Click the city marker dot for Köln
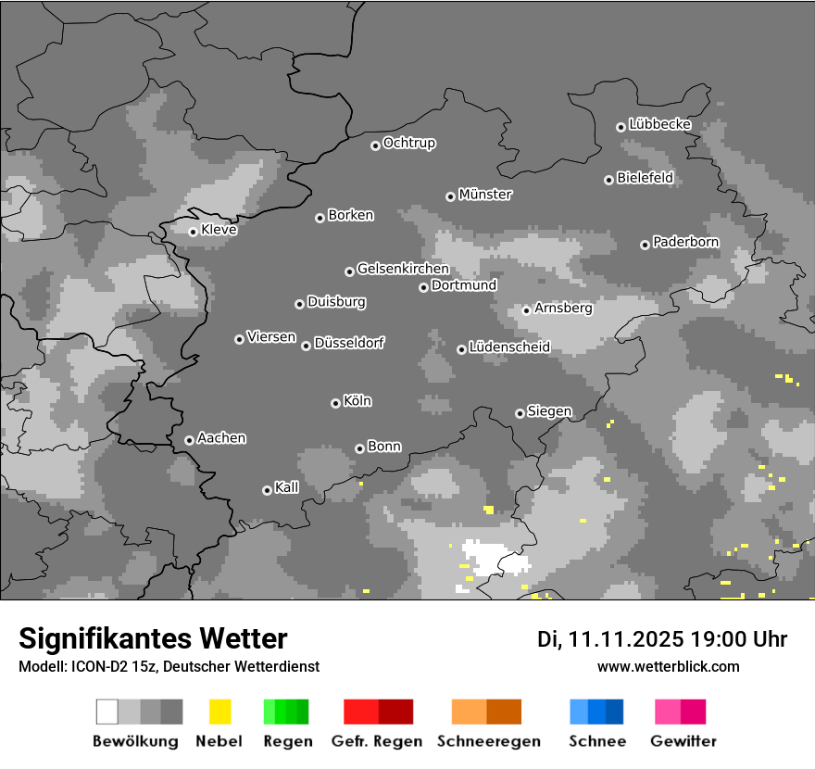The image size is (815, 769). (335, 403)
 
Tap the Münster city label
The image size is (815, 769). (485, 195)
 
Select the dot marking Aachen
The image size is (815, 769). (189, 440)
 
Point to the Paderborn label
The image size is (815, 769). (686, 242)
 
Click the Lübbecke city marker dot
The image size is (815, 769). (621, 127)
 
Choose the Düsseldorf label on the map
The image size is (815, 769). (349, 343)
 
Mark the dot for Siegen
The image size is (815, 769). (520, 413)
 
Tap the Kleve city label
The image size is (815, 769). (219, 230)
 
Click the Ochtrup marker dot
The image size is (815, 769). (375, 145)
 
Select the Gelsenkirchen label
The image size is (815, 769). (403, 269)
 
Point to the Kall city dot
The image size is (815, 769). (267, 490)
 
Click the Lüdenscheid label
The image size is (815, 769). (509, 347)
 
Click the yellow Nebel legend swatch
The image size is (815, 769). (219, 712)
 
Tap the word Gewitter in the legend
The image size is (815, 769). (683, 741)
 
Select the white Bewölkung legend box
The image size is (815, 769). (107, 712)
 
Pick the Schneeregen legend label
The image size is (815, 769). (487, 741)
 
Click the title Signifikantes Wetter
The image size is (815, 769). (153, 638)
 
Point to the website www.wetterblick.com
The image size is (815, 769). (669, 666)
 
